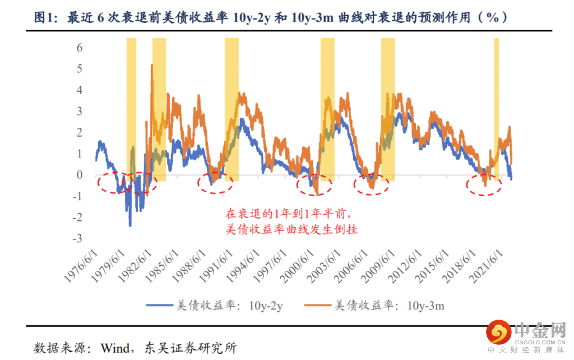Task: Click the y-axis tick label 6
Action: tap(79, 47)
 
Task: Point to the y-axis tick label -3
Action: tap(77, 239)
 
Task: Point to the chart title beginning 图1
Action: tap(271, 17)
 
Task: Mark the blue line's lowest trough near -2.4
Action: tap(130, 225)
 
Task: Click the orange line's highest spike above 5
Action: tap(151, 66)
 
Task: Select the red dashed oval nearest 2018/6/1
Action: tap(484, 183)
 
